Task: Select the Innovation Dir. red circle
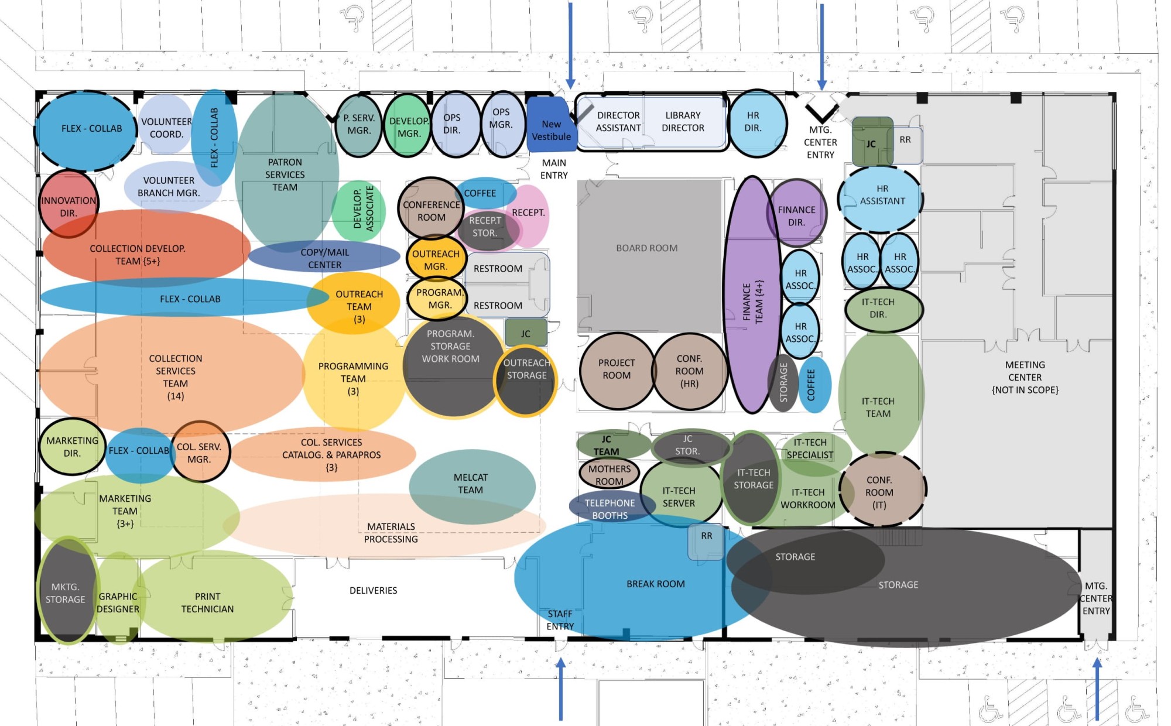coord(69,204)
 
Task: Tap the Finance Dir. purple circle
coord(796,213)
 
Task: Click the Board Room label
coord(646,248)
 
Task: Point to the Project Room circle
coord(617,370)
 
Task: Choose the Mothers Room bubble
coord(609,475)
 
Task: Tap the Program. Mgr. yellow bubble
coord(438,298)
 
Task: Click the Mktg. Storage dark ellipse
coord(67,591)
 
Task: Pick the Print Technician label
coord(207,602)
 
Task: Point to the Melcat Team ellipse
coord(472,487)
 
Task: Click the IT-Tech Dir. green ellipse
coord(883,309)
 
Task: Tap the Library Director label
coord(683,122)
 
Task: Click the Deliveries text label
coord(373,591)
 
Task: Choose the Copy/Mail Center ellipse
coord(324,257)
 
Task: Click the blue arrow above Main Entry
coord(570,46)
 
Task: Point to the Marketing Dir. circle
coord(72,446)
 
